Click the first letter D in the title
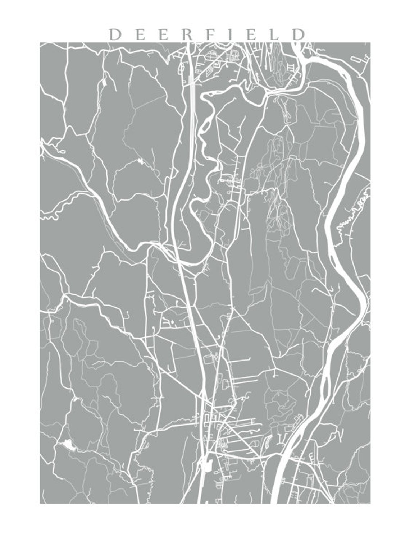click(115, 35)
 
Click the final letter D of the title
click(298, 35)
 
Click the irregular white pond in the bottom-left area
click(68, 445)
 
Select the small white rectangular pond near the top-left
click(104, 82)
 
